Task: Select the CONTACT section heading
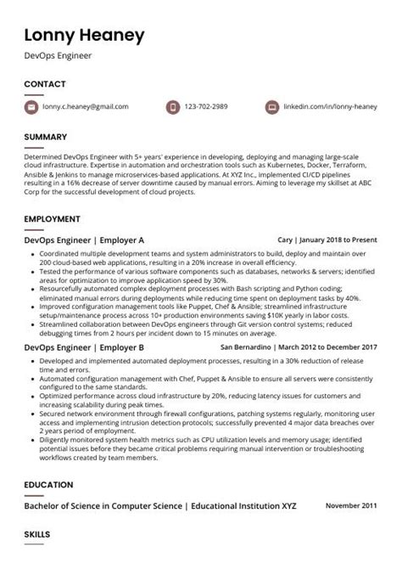[x=45, y=84]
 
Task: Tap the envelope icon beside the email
[x=31, y=108]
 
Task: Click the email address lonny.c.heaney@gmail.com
[x=86, y=108]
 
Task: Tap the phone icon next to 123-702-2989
[x=172, y=108]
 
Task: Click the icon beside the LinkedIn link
[x=271, y=108]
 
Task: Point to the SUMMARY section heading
[x=46, y=137]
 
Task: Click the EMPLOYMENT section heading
[x=52, y=219]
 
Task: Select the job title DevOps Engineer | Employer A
[x=84, y=240]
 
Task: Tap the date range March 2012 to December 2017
[x=327, y=347]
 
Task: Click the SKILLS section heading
[x=37, y=535]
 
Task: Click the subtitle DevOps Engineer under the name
[x=59, y=55]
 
